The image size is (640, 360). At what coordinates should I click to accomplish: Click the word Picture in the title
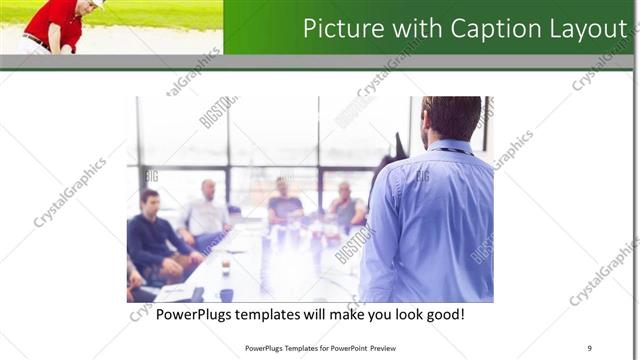(340, 27)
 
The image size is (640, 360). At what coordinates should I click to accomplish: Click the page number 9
(589, 348)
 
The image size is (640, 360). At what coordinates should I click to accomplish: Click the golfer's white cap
(97, 3)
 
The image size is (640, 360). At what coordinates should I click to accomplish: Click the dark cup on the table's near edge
(227, 294)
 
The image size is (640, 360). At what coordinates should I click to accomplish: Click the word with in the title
(412, 27)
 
